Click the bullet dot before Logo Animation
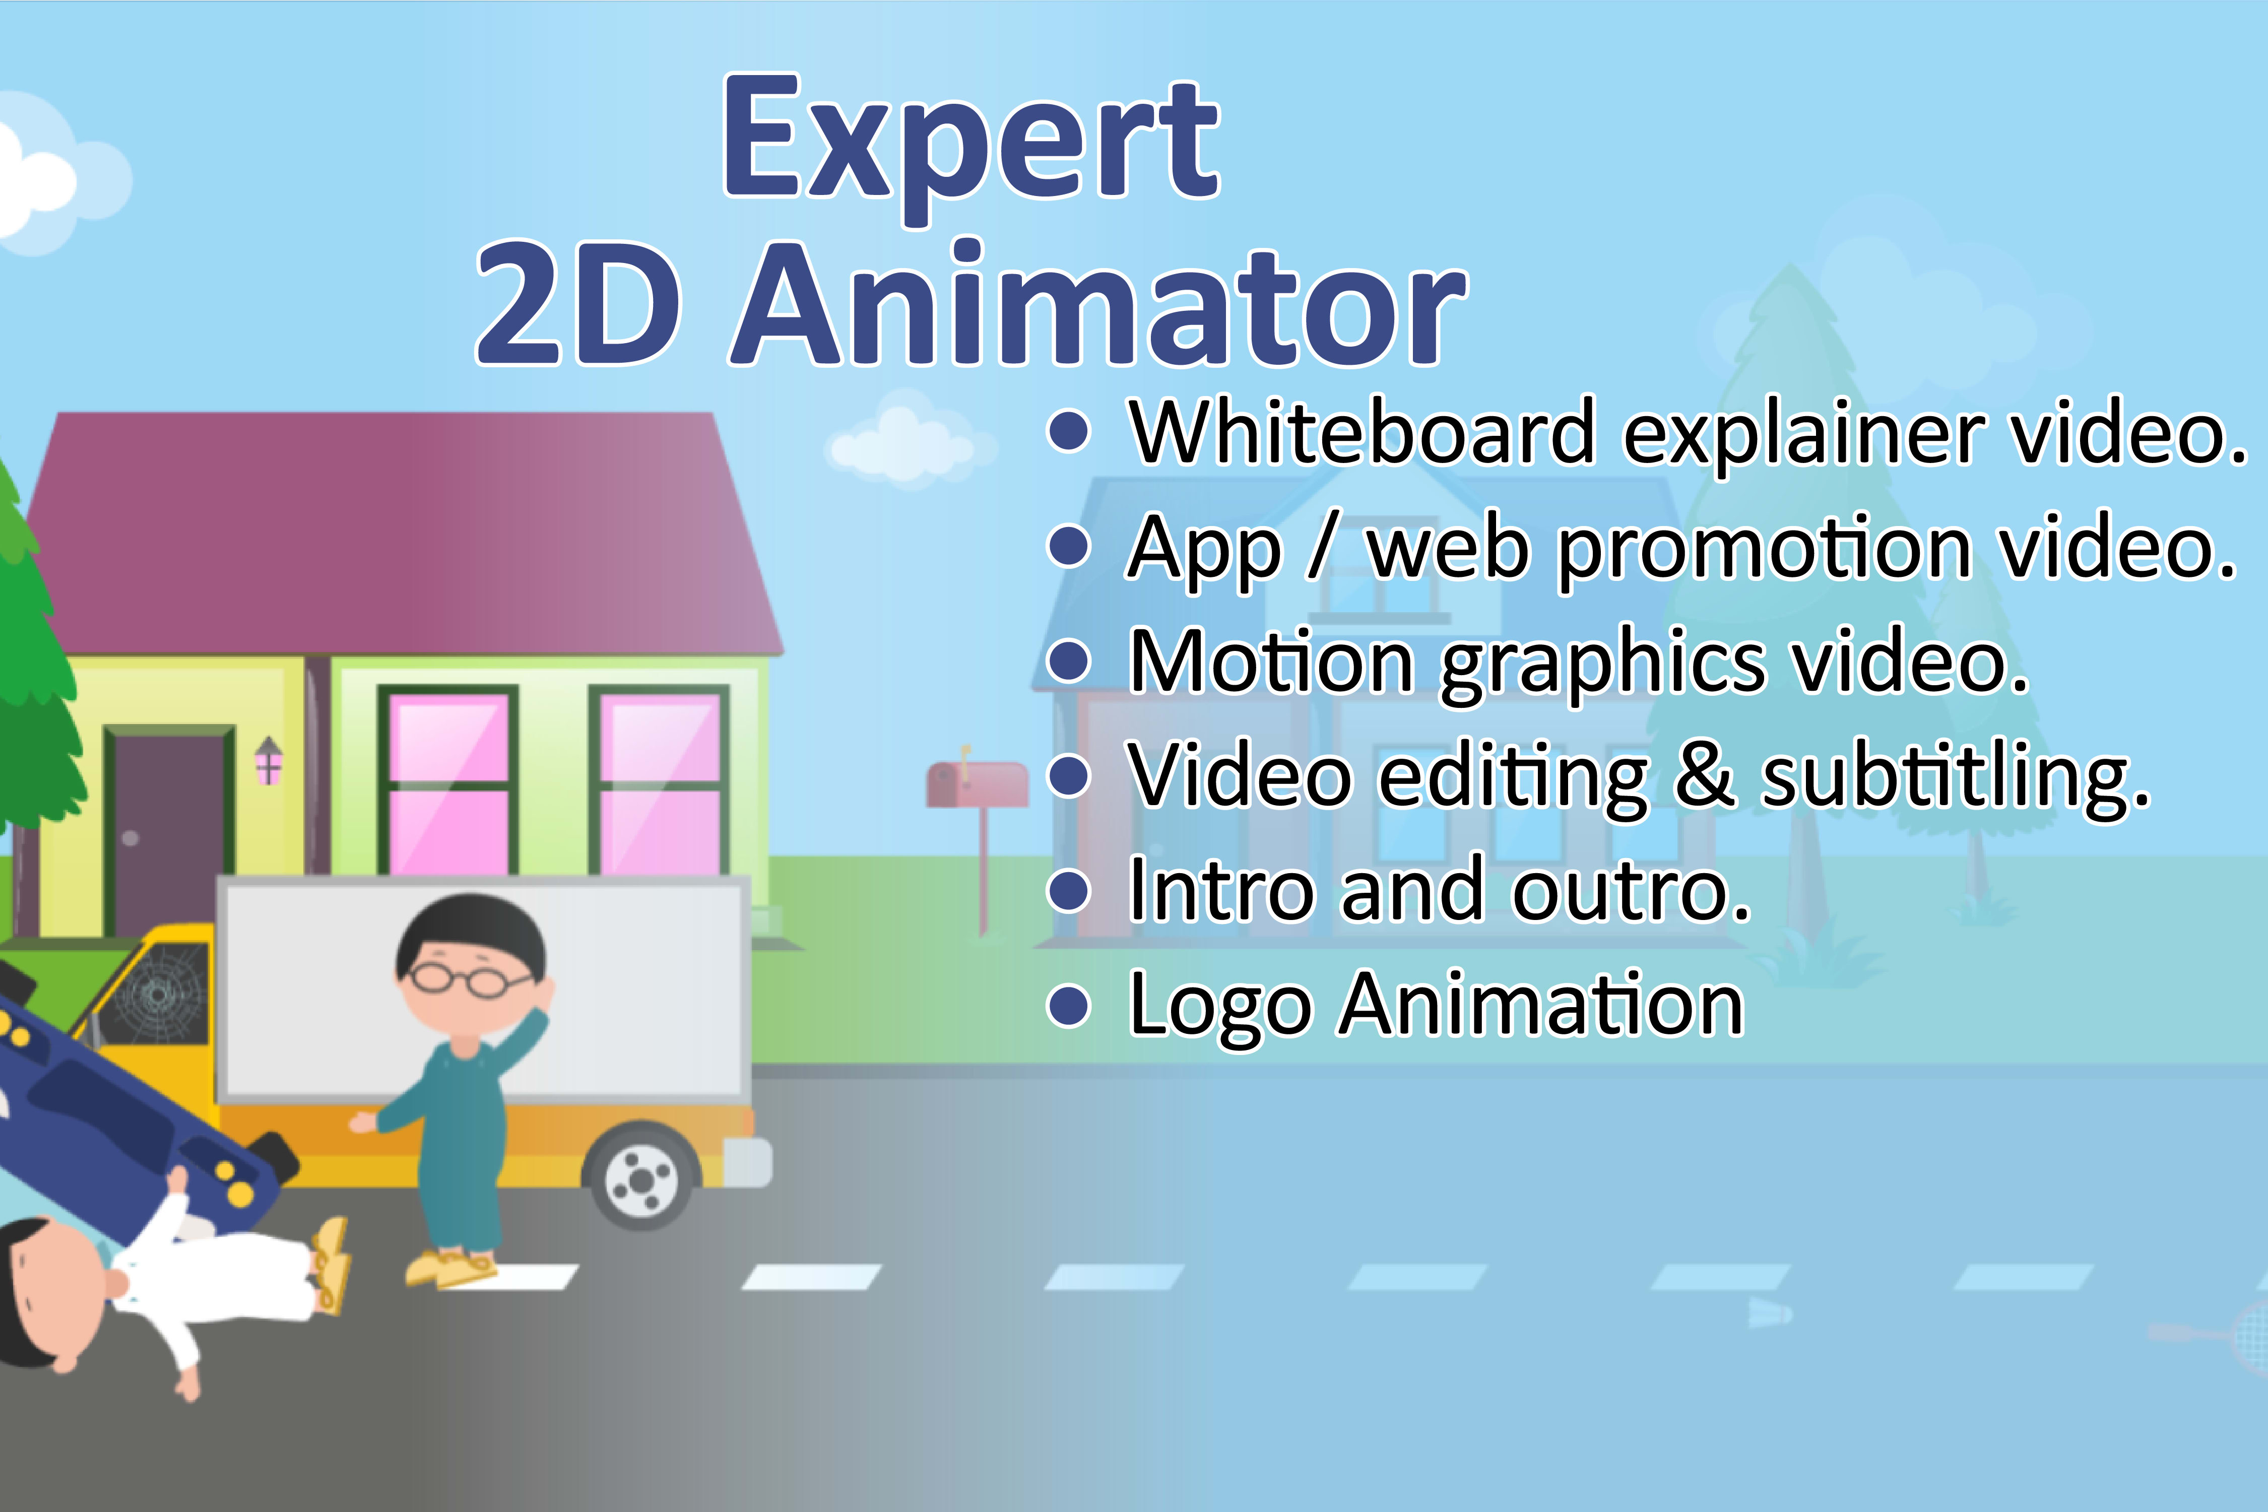coord(1068,1006)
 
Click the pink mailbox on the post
coord(976,783)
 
